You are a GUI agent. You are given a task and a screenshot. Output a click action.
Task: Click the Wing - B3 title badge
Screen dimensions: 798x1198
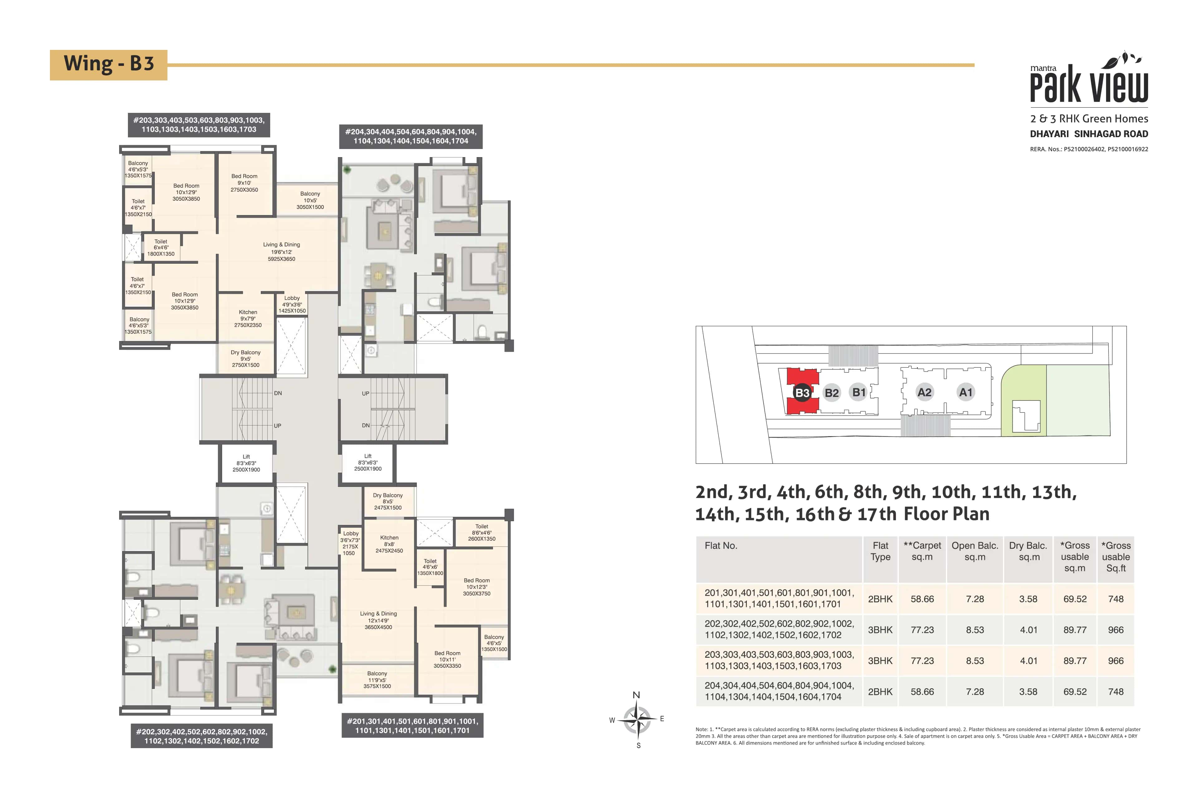pyautogui.click(x=109, y=65)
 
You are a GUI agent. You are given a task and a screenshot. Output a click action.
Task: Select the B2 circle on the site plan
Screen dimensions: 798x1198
pyautogui.click(x=831, y=393)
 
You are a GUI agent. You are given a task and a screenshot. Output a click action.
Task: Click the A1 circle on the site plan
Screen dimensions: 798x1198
pyautogui.click(x=965, y=392)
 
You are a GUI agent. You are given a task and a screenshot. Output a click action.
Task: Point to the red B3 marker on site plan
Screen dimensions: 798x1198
pyautogui.click(x=802, y=393)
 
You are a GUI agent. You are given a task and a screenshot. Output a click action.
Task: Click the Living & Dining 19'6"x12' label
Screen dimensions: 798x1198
pyautogui.click(x=281, y=252)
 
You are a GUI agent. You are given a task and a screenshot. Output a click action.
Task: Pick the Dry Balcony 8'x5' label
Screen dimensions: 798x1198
pyautogui.click(x=387, y=501)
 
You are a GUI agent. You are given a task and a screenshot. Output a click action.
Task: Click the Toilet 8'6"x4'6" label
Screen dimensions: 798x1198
pyautogui.click(x=481, y=532)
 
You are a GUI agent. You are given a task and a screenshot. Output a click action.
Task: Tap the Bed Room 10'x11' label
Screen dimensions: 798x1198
pyautogui.click(x=447, y=659)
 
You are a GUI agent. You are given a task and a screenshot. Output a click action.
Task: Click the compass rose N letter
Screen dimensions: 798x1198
pyautogui.click(x=636, y=695)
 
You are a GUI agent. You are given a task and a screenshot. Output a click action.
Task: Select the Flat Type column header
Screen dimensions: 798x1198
pyautogui.click(x=880, y=551)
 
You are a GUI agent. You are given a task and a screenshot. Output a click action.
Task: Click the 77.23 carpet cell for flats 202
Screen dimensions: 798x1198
pyautogui.click(x=922, y=630)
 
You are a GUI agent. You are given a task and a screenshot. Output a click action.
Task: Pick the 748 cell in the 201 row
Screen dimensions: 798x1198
pyautogui.click(x=1116, y=599)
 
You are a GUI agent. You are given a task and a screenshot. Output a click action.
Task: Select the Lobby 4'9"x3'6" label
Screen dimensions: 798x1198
pyautogui.click(x=292, y=304)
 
